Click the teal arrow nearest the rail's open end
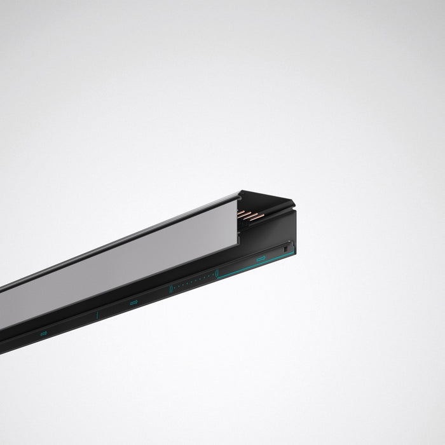click(261, 258)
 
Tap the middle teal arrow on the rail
click(133, 303)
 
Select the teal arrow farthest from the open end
click(44, 332)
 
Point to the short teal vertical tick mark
click(97, 314)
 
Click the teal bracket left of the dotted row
click(170, 289)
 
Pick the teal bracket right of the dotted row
click(217, 273)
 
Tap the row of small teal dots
click(193, 282)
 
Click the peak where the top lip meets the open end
click(240, 190)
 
